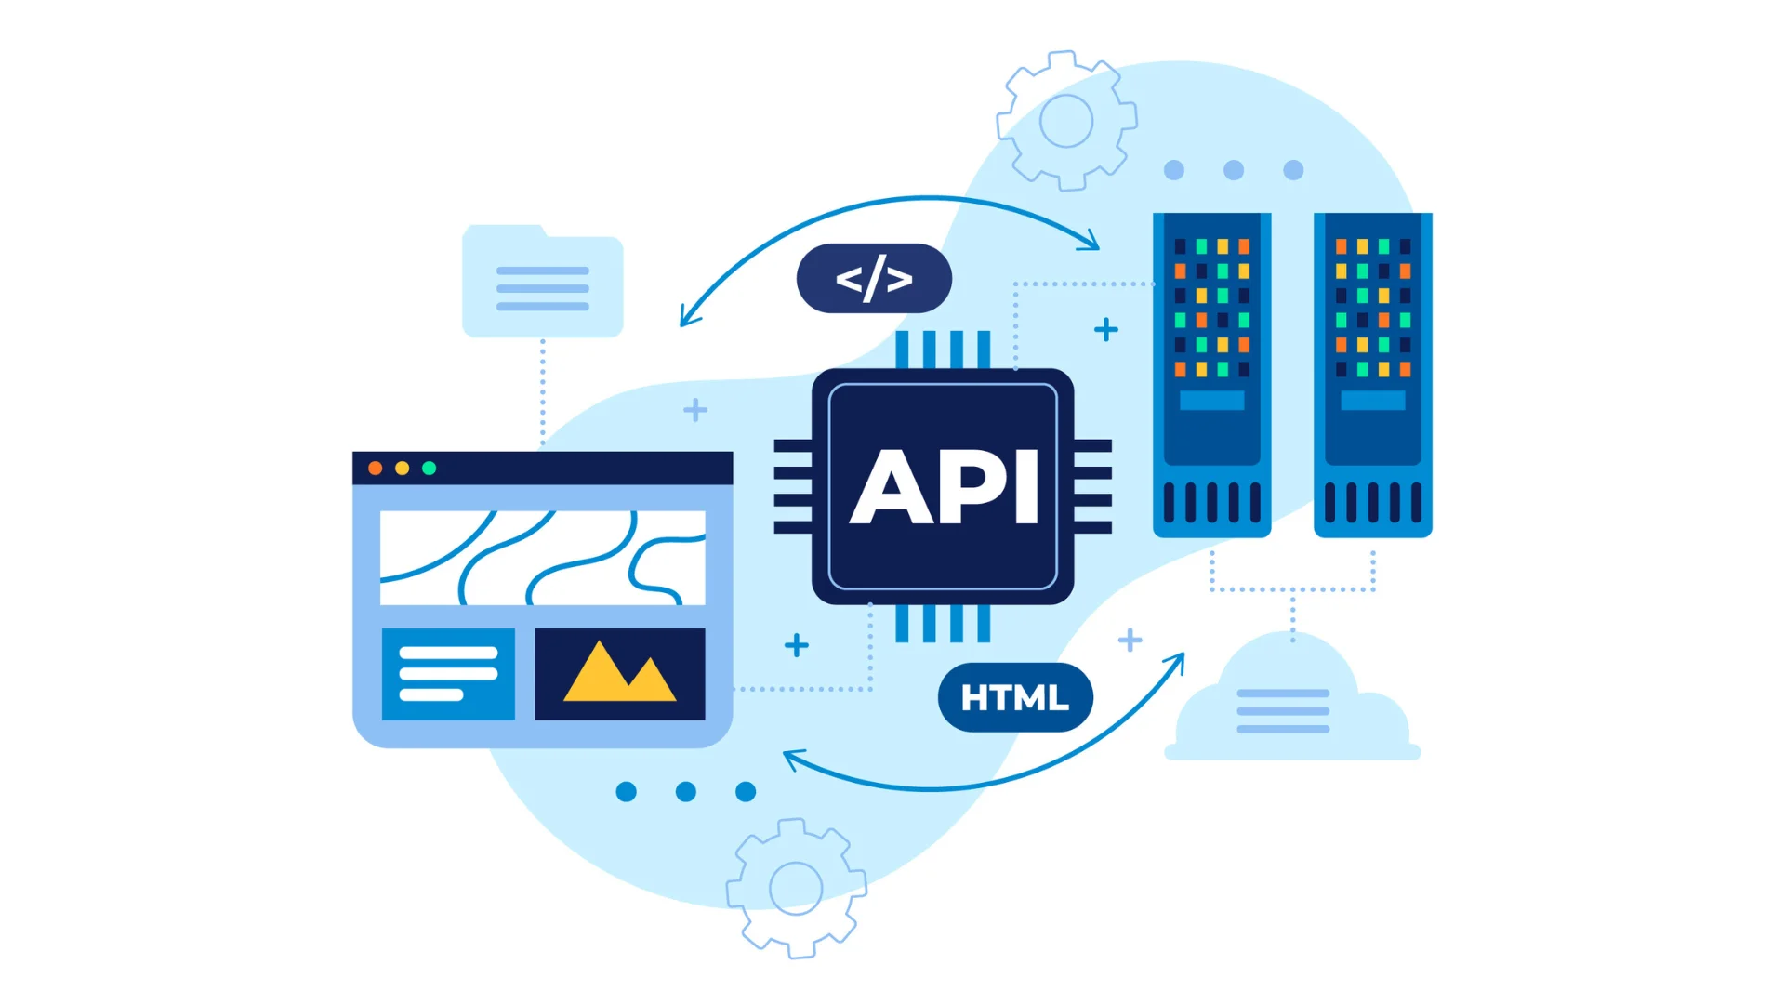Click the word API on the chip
tap(944, 486)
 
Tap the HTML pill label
tap(1015, 698)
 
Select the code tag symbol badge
tap(874, 279)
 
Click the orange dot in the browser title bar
tap(376, 469)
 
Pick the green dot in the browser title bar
tap(430, 469)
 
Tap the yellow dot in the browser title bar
tap(403, 469)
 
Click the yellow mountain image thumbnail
tap(620, 674)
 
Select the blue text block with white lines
tap(448, 674)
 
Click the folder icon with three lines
tap(543, 283)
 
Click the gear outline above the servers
tap(1066, 121)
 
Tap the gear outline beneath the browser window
tap(796, 888)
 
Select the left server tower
tap(1211, 375)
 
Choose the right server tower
tap(1372, 375)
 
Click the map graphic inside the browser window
tap(543, 558)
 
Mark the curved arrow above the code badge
tap(892, 205)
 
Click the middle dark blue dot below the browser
tap(686, 792)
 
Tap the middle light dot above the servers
tap(1234, 170)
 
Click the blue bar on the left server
tap(1211, 401)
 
